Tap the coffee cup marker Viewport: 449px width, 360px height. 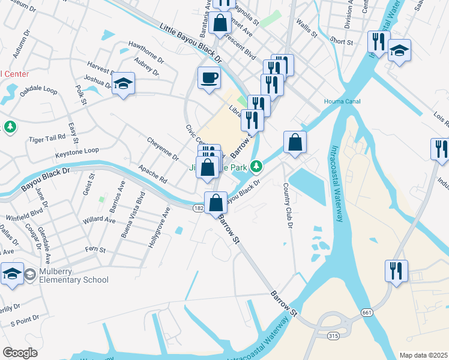209,78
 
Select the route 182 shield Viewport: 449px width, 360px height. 199,208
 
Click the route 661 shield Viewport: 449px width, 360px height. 367,313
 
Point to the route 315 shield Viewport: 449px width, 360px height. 333,336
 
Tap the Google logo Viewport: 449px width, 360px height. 20,352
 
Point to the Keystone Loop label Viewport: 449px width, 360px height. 77,151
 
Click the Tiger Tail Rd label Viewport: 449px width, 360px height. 47,138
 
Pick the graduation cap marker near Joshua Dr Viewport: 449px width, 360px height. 123,84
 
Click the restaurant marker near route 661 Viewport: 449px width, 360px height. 396,270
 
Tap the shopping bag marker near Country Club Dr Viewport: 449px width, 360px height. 295,143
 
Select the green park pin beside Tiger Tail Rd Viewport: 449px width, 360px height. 10,127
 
